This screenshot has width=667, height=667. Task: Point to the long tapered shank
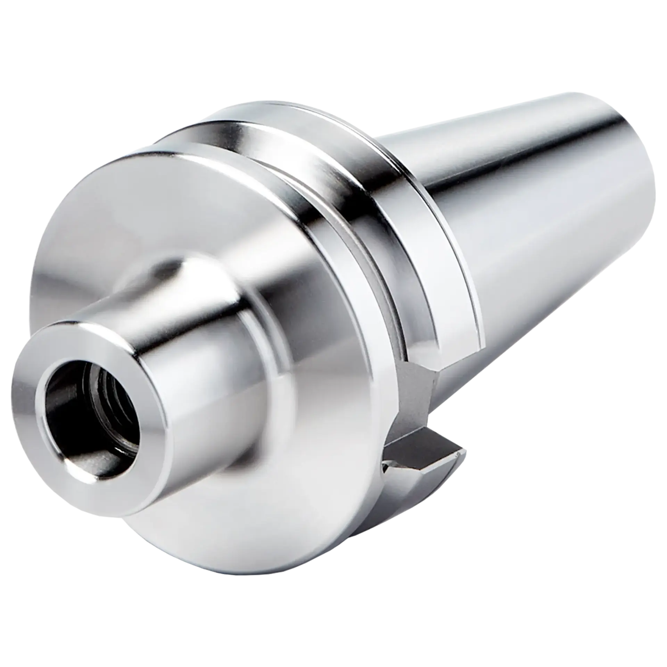click(x=538, y=226)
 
